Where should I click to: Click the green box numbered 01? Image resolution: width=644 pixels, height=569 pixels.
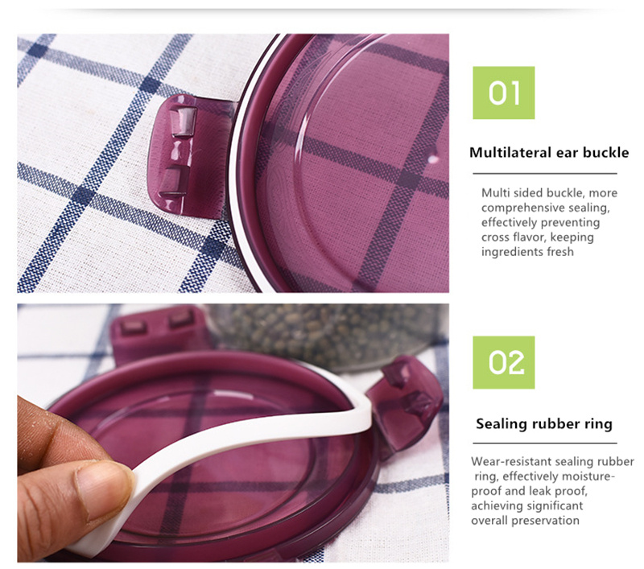504,93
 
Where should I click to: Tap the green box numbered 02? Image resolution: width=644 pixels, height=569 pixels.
504,362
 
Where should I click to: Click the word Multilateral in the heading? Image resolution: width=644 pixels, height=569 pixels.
510,153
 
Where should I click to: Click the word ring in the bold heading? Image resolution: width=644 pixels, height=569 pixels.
598,424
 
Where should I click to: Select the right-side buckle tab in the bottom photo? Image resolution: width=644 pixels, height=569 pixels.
405,404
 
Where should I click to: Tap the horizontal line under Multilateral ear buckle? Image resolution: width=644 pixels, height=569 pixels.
545,174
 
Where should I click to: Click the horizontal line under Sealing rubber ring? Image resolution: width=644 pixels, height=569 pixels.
545,443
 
